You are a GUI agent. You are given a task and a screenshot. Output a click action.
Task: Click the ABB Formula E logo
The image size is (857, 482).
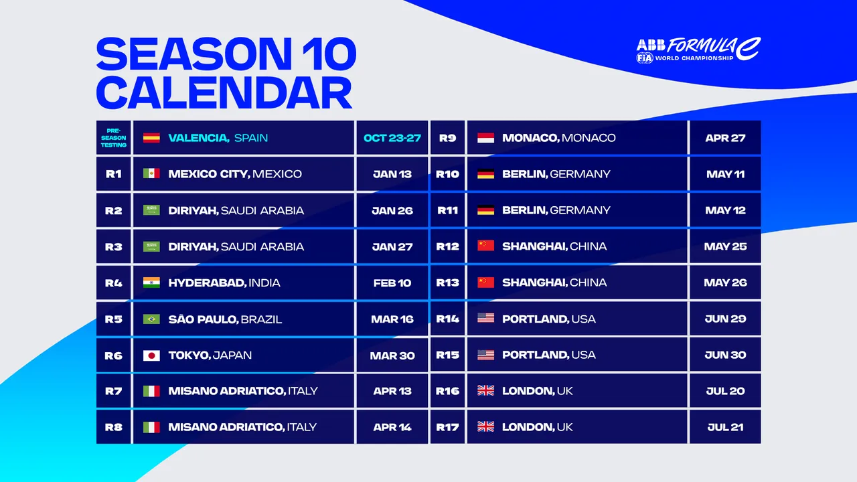tap(698, 50)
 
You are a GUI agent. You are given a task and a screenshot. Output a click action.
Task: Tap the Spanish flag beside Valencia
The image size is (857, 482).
tap(151, 138)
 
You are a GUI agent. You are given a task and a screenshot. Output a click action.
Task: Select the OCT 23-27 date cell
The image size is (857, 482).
tap(392, 138)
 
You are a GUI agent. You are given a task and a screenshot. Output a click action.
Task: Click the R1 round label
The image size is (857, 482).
tap(114, 174)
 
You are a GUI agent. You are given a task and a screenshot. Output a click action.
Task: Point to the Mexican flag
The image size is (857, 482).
tap(151, 174)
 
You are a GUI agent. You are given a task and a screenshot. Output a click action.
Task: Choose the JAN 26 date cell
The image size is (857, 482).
tap(392, 210)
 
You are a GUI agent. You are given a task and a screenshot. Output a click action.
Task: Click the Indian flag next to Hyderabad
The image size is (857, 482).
tap(151, 283)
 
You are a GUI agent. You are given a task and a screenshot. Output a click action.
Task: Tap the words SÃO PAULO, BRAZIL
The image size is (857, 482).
tap(225, 319)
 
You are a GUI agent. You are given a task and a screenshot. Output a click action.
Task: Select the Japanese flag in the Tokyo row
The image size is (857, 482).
tap(151, 355)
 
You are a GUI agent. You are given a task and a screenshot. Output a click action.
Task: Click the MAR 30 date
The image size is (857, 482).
tap(392, 355)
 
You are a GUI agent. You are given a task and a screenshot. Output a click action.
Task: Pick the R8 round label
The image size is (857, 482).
tap(114, 427)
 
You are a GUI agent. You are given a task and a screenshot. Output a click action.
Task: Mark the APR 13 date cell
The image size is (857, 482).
tap(392, 391)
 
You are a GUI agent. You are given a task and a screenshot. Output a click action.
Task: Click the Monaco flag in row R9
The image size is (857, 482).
tap(485, 138)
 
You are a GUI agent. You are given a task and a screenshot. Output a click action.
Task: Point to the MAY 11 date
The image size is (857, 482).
tap(725, 174)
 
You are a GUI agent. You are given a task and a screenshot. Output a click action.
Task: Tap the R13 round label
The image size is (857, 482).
tap(448, 283)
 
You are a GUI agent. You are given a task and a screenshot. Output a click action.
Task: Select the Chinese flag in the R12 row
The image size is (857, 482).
tap(485, 246)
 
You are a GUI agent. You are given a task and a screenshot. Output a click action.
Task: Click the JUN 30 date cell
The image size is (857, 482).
tap(725, 355)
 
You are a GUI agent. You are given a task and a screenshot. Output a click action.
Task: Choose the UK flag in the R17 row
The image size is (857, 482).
tap(485, 427)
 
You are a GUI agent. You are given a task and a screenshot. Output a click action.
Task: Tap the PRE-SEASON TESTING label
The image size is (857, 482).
tap(114, 138)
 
